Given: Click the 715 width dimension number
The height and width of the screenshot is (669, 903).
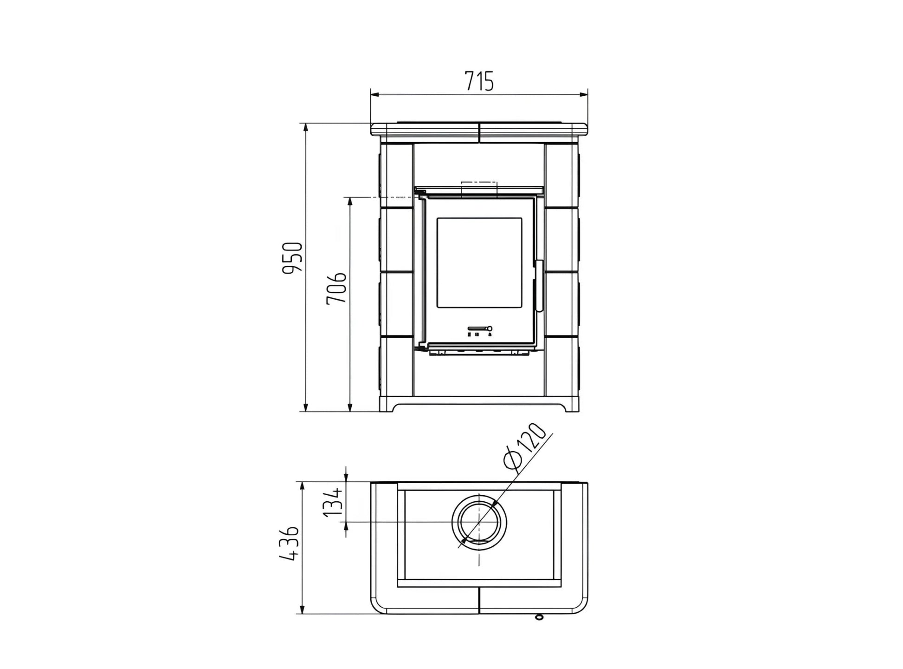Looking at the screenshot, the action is point(479,81).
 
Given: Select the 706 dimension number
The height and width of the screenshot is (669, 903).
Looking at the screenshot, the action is point(336,288).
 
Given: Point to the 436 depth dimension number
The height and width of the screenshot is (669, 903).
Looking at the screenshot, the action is point(290,544).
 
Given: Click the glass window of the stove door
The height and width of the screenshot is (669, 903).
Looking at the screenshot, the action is point(479,262).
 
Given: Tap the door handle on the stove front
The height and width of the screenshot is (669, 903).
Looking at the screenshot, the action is point(540,286).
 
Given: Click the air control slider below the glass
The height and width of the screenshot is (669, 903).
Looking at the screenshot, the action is point(480,328).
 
